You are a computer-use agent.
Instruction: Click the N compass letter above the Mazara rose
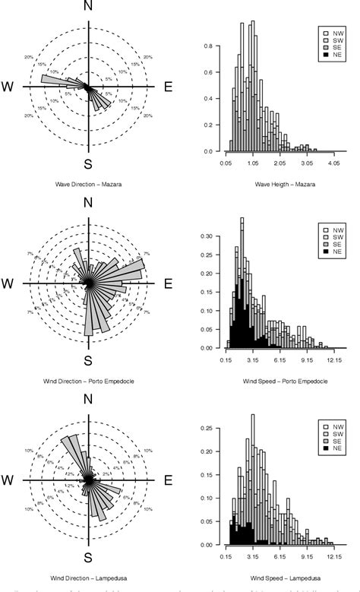90,10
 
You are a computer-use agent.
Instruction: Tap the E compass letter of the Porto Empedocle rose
168,283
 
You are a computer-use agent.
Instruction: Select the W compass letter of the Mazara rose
9,87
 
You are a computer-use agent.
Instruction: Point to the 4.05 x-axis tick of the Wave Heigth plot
333,163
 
